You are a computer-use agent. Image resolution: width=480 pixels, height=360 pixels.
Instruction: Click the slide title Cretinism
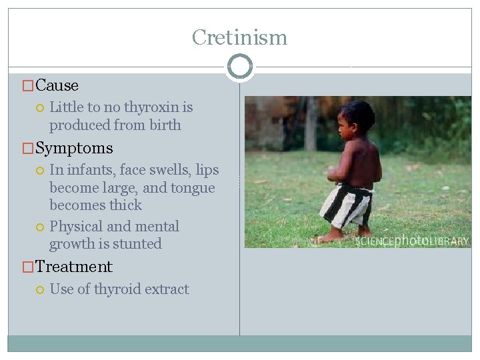[239, 37]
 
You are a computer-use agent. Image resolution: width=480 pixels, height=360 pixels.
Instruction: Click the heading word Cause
[57, 85]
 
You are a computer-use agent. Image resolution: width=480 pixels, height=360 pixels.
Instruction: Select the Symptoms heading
[74, 148]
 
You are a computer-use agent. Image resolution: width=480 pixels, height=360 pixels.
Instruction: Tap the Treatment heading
[74, 267]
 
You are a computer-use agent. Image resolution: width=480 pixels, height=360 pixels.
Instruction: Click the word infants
[90, 170]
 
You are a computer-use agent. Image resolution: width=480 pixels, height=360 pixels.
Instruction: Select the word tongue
[192, 187]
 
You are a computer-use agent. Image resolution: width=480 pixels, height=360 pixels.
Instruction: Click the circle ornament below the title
[239, 67]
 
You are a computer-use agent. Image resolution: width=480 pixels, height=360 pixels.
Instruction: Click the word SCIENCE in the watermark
[375, 241]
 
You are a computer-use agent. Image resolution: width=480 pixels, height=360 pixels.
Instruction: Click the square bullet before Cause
[28, 86]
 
